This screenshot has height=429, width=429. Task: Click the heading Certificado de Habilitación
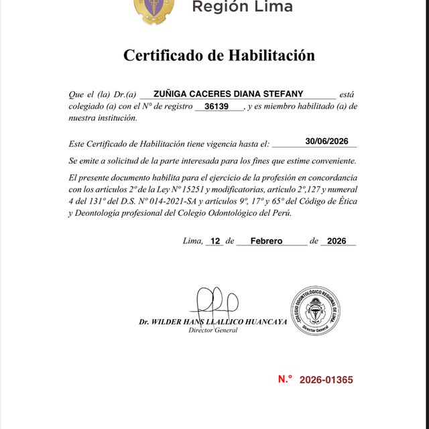click(x=219, y=55)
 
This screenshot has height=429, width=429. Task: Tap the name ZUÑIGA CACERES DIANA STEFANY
click(x=237, y=94)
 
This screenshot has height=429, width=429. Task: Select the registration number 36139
click(x=219, y=106)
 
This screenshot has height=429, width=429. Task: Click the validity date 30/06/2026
click(x=327, y=141)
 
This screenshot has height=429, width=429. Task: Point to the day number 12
click(x=215, y=241)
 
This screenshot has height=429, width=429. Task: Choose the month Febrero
click(x=266, y=241)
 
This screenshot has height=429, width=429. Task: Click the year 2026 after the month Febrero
click(x=338, y=241)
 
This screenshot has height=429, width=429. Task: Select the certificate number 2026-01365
click(x=326, y=380)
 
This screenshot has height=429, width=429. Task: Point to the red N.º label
click(x=286, y=379)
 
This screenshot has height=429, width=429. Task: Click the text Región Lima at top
click(x=242, y=7)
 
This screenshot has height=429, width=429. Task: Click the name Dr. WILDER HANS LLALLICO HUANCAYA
click(x=213, y=322)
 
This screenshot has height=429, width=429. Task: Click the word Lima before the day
click(x=192, y=241)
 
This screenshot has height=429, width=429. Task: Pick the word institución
click(x=117, y=118)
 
